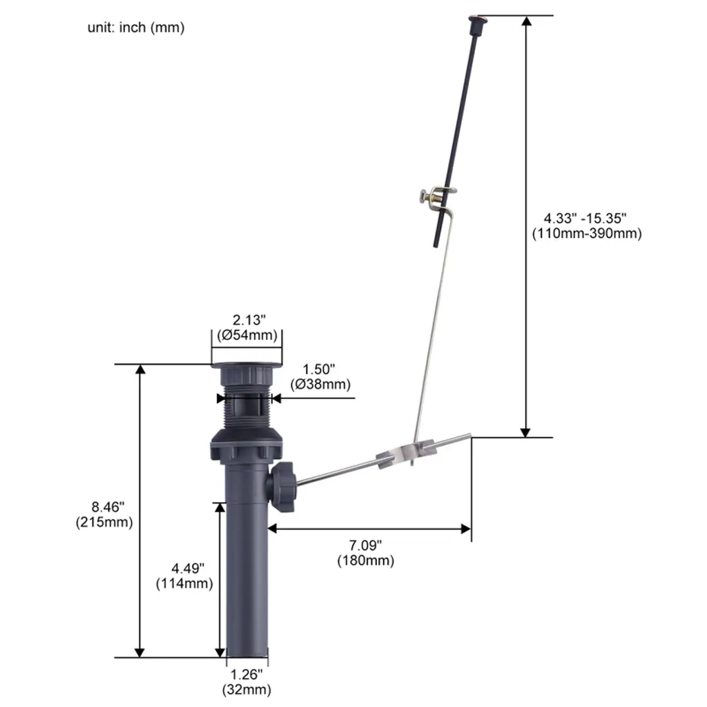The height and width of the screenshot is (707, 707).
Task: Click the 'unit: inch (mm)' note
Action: click(x=136, y=28)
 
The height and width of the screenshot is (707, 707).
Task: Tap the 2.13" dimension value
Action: click(x=249, y=320)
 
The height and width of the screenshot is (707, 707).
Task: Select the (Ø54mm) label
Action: click(x=247, y=336)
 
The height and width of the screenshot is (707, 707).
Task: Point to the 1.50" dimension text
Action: click(x=319, y=369)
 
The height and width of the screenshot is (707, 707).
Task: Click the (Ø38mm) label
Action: click(x=320, y=385)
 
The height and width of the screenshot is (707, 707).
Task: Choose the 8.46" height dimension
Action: click(x=108, y=507)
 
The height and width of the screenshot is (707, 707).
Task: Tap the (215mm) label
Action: click(x=104, y=523)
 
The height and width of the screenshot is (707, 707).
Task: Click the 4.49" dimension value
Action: click(x=188, y=568)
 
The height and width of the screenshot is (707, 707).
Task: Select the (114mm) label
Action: click(x=184, y=583)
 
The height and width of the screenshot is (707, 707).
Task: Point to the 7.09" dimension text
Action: click(x=365, y=545)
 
